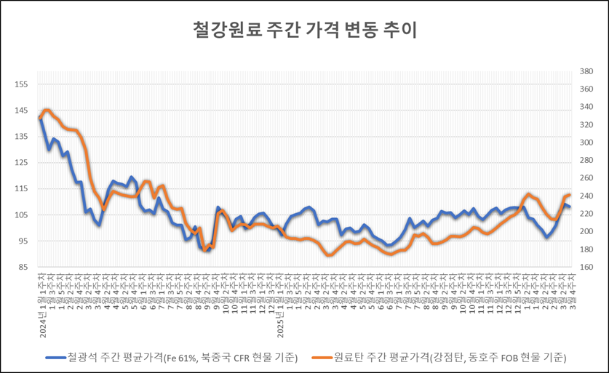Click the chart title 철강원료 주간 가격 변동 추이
coord(304,31)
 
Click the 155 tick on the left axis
coord(21,84)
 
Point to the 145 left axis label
coord(21,111)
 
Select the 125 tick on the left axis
coord(21,163)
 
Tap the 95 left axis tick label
coord(23,241)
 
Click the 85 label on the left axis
coord(23,268)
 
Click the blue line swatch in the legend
coord(55,358)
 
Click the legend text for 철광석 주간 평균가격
coord(183,358)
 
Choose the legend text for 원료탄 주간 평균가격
coord(450,358)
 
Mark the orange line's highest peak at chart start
coord(47,110)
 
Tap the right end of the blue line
coord(570,208)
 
